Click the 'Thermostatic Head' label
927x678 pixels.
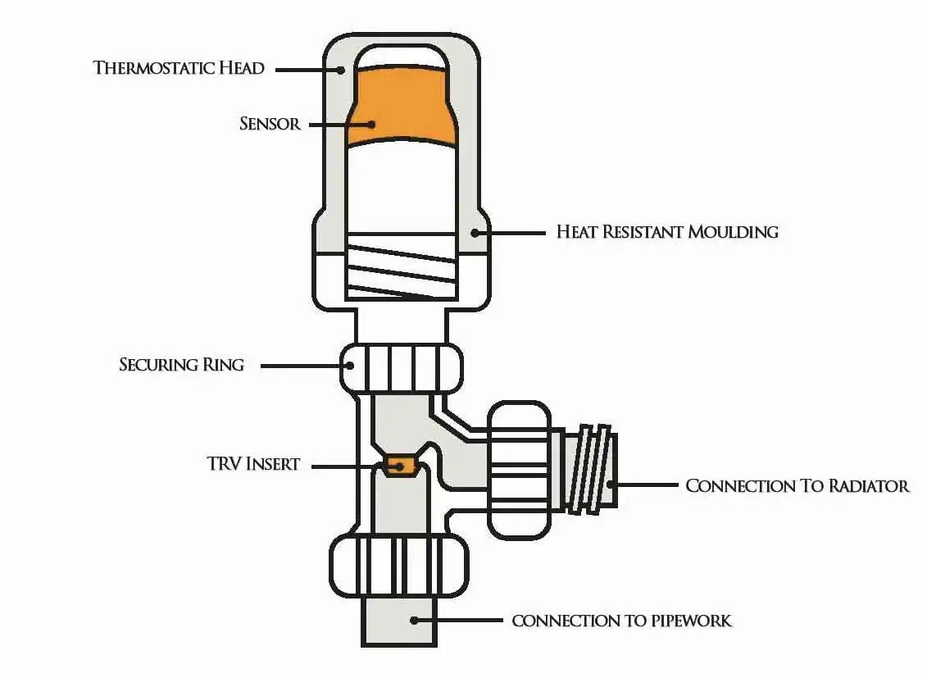(179, 67)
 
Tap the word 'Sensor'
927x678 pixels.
(270, 124)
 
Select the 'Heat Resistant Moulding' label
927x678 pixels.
(667, 231)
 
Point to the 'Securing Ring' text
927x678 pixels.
(181, 364)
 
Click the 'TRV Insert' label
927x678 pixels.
(253, 464)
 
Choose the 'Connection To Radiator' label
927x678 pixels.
(797, 485)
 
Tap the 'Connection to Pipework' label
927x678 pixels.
(621, 621)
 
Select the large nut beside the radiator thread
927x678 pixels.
(520, 468)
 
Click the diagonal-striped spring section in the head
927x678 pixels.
(400, 271)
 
